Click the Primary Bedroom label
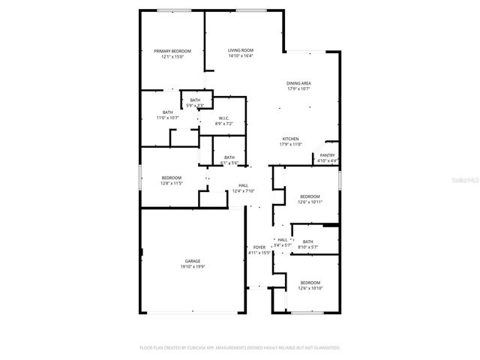(172, 51)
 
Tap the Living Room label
(241, 50)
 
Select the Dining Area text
(298, 83)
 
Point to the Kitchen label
(291, 139)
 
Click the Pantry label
(328, 155)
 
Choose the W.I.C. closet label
(224, 118)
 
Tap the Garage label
(193, 261)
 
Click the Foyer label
(259, 247)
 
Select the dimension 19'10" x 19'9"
(193, 266)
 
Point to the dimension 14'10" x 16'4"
(241, 55)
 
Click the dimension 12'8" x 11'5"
(172, 183)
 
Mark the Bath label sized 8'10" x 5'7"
(308, 241)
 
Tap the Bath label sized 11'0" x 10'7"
(167, 112)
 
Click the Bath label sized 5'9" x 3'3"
(195, 100)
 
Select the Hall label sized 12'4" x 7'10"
(243, 185)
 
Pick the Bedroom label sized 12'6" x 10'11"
(310, 196)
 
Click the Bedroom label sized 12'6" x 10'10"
(310, 283)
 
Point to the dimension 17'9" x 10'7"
(298, 88)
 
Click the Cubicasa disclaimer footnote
(240, 348)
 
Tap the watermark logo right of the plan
(466, 180)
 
